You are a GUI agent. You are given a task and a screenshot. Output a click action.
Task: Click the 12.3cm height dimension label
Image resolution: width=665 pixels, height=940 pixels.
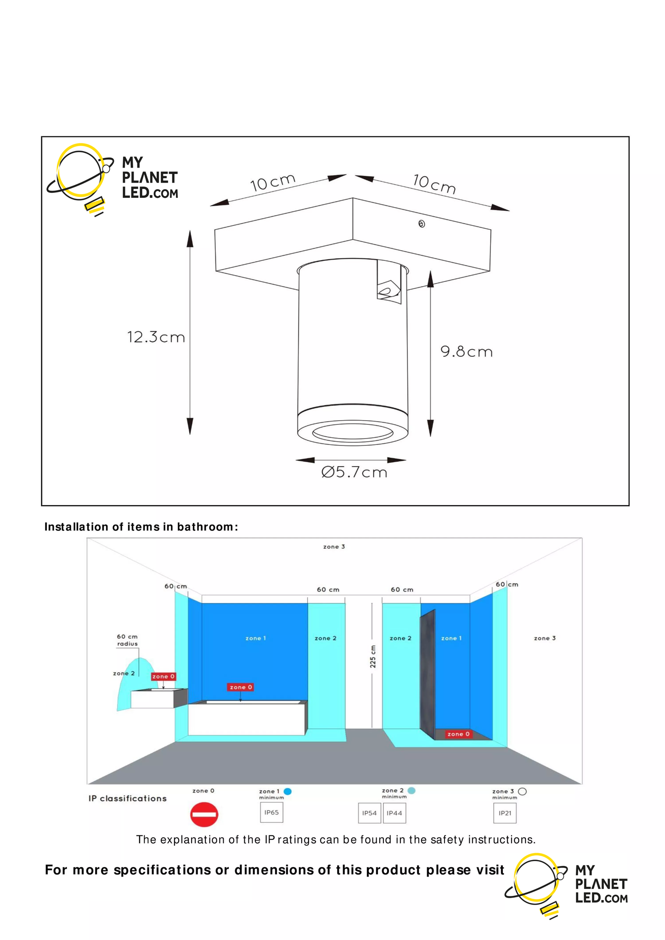(156, 338)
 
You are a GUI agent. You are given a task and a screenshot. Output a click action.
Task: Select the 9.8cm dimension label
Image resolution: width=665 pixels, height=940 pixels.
(466, 352)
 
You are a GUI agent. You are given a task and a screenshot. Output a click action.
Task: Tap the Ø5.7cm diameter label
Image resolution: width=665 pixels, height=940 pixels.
(354, 472)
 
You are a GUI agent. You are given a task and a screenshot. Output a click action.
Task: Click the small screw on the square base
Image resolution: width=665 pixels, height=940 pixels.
(421, 224)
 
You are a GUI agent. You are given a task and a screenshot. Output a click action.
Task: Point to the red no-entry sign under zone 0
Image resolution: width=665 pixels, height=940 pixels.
(204, 815)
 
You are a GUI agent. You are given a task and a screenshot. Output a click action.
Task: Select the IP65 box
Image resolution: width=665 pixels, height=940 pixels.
(271, 812)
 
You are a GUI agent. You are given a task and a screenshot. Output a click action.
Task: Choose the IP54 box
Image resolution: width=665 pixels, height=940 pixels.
(369, 813)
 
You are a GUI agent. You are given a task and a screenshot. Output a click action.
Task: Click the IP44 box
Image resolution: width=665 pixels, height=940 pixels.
(394, 813)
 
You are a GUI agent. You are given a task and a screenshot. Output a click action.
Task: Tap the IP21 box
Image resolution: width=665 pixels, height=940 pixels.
(505, 813)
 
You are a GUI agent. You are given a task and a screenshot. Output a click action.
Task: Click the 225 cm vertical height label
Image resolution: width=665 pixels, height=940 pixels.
(373, 657)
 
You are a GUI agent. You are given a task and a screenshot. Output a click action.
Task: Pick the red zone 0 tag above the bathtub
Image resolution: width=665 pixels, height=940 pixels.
(241, 687)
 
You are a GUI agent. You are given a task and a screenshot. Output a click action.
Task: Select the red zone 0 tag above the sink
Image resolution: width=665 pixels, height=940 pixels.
(163, 676)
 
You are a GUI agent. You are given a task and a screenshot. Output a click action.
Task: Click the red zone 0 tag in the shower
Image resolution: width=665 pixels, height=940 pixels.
(458, 734)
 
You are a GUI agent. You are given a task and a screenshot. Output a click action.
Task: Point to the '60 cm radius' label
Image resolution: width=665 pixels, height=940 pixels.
(127, 640)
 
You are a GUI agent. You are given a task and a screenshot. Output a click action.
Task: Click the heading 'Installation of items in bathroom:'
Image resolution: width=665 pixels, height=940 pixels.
(141, 527)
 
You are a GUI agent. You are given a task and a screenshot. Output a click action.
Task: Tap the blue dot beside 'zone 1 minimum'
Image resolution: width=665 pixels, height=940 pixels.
(288, 791)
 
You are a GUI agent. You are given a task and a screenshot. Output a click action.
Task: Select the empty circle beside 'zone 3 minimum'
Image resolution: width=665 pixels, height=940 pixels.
(522, 791)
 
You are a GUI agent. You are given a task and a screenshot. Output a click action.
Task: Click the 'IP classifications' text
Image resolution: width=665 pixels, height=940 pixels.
(128, 799)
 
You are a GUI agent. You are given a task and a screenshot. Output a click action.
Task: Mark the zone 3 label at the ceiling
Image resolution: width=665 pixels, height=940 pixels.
(334, 546)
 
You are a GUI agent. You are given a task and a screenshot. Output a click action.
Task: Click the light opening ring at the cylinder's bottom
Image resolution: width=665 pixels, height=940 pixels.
(353, 432)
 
